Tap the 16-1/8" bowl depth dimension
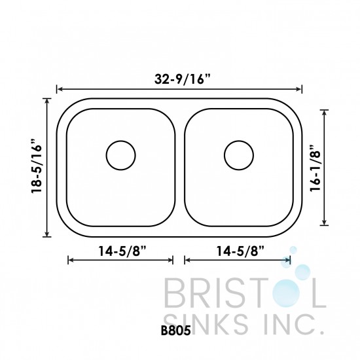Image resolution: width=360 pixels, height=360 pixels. pyautogui.click(x=314, y=166)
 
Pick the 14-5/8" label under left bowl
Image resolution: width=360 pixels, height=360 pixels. pyautogui.click(x=120, y=249)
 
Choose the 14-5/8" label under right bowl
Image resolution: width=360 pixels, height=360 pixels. pyautogui.click(x=238, y=249)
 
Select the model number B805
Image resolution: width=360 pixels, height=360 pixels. pyautogui.click(x=175, y=331)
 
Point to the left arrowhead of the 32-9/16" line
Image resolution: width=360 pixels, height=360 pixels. pyautogui.click(x=60, y=90)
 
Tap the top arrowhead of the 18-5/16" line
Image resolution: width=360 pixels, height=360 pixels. pyautogui.click(x=47, y=100)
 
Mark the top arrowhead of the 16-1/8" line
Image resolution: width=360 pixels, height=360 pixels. pyautogui.click(x=325, y=112)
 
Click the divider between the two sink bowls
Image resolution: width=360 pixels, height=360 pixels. pyautogui.click(x=180, y=168)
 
